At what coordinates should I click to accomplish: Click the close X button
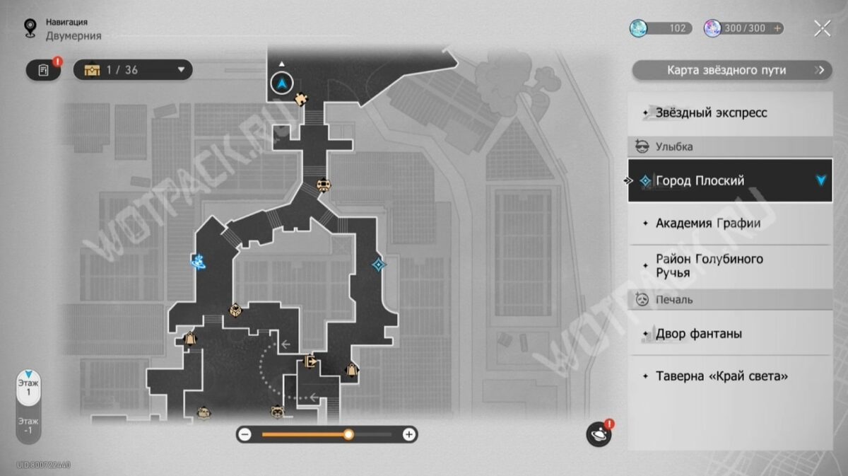tap(822, 28)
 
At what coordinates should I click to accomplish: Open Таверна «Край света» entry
tap(721, 376)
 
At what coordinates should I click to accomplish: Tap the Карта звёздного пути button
tap(731, 70)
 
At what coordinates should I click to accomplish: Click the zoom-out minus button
tap(245, 434)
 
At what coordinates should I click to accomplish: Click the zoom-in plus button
tap(408, 434)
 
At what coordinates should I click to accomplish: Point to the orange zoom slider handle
tap(348, 434)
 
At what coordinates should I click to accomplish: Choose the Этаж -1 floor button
tap(29, 425)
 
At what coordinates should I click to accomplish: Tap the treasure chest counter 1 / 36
tap(133, 70)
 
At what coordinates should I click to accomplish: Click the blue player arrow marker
tap(283, 83)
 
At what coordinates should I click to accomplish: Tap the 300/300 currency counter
tap(743, 28)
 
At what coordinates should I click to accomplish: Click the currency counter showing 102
tap(661, 28)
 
